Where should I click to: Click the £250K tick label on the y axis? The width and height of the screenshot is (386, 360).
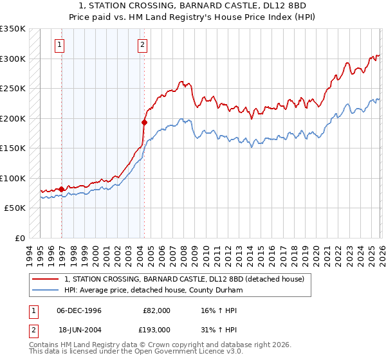[x=13, y=88]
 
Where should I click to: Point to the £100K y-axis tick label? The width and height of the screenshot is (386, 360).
[x=13, y=178]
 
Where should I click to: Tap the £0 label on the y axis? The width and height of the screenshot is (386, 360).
[x=20, y=238]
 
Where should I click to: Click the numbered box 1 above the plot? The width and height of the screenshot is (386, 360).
[x=59, y=45]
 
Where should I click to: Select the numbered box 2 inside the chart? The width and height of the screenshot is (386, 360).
[x=142, y=45]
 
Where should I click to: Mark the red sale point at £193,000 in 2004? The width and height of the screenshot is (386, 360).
[x=145, y=122]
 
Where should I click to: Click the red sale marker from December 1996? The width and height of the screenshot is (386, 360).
[x=62, y=189]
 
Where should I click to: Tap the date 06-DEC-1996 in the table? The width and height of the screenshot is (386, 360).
[x=79, y=310]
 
